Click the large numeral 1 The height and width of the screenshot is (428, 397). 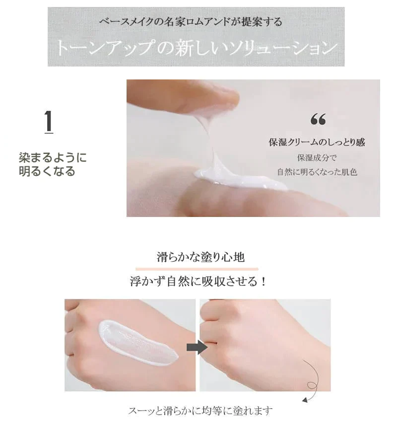coord(49,121)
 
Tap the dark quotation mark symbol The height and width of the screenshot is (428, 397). coord(318,119)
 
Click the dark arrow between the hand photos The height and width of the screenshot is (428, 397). coord(197,347)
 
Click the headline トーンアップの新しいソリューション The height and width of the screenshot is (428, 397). coord(196,48)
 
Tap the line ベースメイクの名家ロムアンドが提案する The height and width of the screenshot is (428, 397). coord(191,21)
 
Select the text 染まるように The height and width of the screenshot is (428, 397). coord(53,158)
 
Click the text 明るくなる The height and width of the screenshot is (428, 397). coord(47,171)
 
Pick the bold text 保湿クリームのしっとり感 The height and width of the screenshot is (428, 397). coord(317,142)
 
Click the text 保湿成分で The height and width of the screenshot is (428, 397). coord(317,157)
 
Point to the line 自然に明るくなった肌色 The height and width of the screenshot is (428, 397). coord(317,172)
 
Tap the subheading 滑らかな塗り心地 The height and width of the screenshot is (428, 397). coord(200,257)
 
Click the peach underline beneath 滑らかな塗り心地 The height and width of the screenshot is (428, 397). coord(197,269)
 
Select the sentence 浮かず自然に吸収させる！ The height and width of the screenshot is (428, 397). coord(198,282)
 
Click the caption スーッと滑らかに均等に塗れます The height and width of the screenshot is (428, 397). coord(200,411)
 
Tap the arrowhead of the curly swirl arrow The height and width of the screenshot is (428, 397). coord(305,400)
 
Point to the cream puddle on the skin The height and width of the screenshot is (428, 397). coord(240,180)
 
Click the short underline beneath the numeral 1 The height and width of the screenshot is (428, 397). coord(49,133)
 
